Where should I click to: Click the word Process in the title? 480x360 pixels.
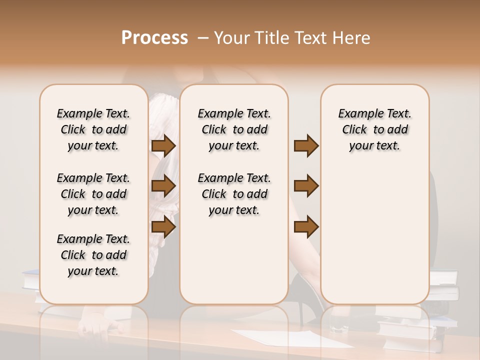click(x=154, y=38)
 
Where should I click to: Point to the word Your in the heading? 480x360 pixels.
click(x=229, y=38)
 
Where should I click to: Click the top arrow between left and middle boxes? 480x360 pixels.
click(x=163, y=146)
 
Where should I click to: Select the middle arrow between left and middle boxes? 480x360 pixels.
click(x=163, y=186)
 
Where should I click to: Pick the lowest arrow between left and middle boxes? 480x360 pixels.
click(x=163, y=227)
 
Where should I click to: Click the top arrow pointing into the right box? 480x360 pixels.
click(x=306, y=146)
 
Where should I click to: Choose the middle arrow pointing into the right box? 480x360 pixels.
click(x=306, y=186)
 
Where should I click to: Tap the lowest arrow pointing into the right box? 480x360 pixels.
click(x=306, y=227)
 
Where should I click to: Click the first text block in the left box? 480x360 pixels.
click(x=93, y=129)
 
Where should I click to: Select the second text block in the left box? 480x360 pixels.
click(x=93, y=194)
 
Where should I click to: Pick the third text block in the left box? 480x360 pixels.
click(x=93, y=255)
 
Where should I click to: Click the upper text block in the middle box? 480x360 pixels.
click(x=234, y=129)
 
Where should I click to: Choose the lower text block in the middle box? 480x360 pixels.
click(x=234, y=194)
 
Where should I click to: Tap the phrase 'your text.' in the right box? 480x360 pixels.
click(x=374, y=145)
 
